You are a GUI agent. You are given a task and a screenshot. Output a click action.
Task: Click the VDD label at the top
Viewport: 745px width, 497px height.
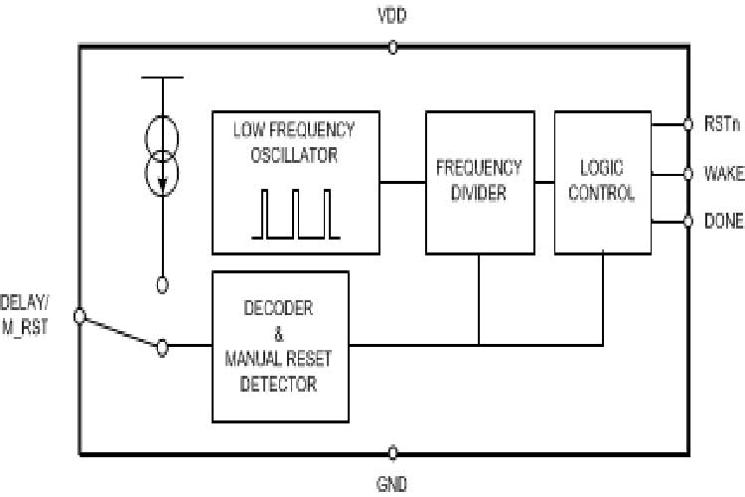pos(392,16)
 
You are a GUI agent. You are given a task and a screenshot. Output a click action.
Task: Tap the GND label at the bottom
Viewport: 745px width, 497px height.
pos(391,484)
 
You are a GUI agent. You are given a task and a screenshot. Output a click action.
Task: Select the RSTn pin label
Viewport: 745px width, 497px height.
pos(722,124)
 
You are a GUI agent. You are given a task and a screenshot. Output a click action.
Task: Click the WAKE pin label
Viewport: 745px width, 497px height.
pos(724,173)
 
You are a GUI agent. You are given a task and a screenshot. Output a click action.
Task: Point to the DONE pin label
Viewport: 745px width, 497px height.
pos(723,222)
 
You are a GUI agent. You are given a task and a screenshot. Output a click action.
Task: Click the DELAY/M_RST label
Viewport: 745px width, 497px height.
pos(27,310)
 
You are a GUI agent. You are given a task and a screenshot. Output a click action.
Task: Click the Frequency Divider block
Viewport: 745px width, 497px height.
pos(479,182)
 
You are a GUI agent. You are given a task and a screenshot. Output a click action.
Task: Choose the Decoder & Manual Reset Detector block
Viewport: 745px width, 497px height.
pos(280,346)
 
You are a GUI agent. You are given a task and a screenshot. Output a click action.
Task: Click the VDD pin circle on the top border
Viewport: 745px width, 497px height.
pos(392,46)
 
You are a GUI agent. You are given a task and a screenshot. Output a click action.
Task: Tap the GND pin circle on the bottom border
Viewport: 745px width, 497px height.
pos(392,453)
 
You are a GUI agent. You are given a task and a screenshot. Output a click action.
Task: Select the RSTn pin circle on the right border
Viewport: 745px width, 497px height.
pos(686,125)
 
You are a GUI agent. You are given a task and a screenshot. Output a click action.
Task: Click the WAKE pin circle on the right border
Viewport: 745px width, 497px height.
pos(686,173)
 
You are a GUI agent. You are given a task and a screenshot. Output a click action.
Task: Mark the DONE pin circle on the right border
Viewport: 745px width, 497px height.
pos(686,221)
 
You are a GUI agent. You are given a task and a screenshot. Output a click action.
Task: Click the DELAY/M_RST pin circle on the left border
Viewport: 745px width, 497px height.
pos(79,316)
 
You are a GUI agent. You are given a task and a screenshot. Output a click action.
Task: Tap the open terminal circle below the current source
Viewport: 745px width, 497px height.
pos(162,285)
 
